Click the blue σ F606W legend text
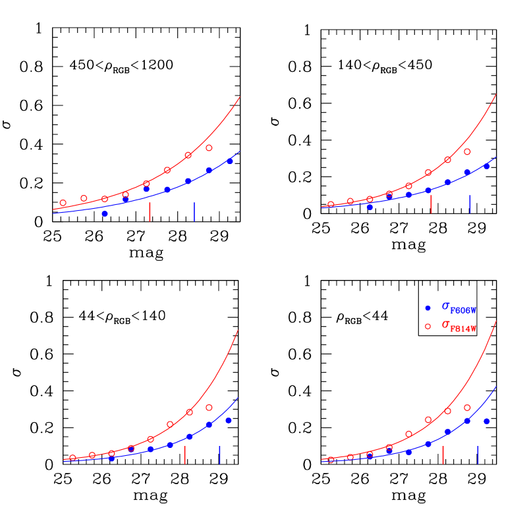click(458, 308)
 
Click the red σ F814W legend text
click(458, 326)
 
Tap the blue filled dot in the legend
click(428, 308)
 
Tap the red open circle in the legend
click(428, 327)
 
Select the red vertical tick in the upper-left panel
click(150, 211)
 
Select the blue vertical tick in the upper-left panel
click(194, 211)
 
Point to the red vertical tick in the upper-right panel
click(431, 204)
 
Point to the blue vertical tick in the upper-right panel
click(470, 204)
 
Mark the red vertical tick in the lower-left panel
click(184, 455)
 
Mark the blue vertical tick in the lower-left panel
click(219, 455)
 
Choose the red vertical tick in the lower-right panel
click(443, 455)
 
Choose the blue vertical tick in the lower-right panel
click(478, 455)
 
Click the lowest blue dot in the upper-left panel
click(105, 214)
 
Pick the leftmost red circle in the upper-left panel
click(63, 203)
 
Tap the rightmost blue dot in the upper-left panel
click(230, 161)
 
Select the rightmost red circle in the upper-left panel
click(209, 148)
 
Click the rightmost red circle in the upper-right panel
click(467, 152)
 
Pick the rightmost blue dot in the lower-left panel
click(229, 420)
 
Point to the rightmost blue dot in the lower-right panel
click(487, 421)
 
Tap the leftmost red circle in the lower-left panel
click(73, 458)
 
